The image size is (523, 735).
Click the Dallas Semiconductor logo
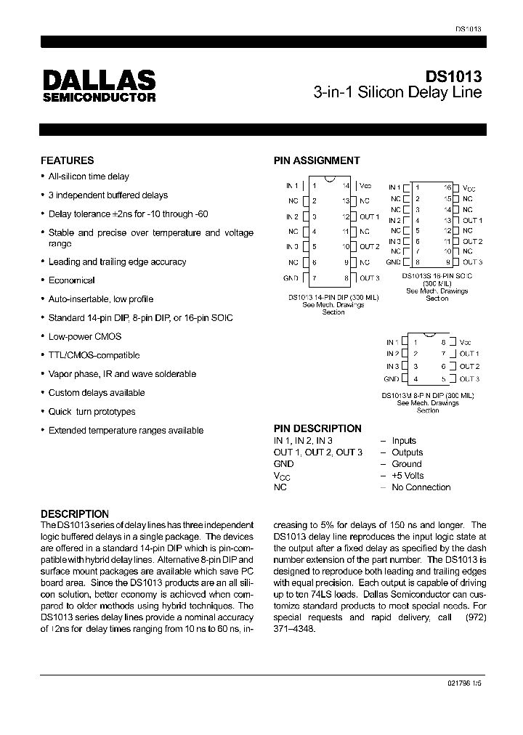98,85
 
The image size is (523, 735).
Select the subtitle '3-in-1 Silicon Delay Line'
397,92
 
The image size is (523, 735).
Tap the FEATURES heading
67,161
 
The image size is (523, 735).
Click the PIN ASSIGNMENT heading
316,161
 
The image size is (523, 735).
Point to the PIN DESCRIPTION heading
317,429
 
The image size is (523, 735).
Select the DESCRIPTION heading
75,513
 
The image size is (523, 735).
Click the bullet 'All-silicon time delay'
89,176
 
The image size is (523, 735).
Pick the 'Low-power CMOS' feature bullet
85,336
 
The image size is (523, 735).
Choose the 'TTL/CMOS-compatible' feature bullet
94,355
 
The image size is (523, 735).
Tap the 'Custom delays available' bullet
97,393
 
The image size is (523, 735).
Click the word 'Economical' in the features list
71,280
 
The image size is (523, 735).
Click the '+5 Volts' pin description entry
408,476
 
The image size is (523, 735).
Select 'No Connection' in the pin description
421,487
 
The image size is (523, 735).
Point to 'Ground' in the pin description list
406,464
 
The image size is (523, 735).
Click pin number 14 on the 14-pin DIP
346,186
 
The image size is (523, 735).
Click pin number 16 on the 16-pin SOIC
447,187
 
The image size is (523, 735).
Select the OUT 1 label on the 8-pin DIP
469,354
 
